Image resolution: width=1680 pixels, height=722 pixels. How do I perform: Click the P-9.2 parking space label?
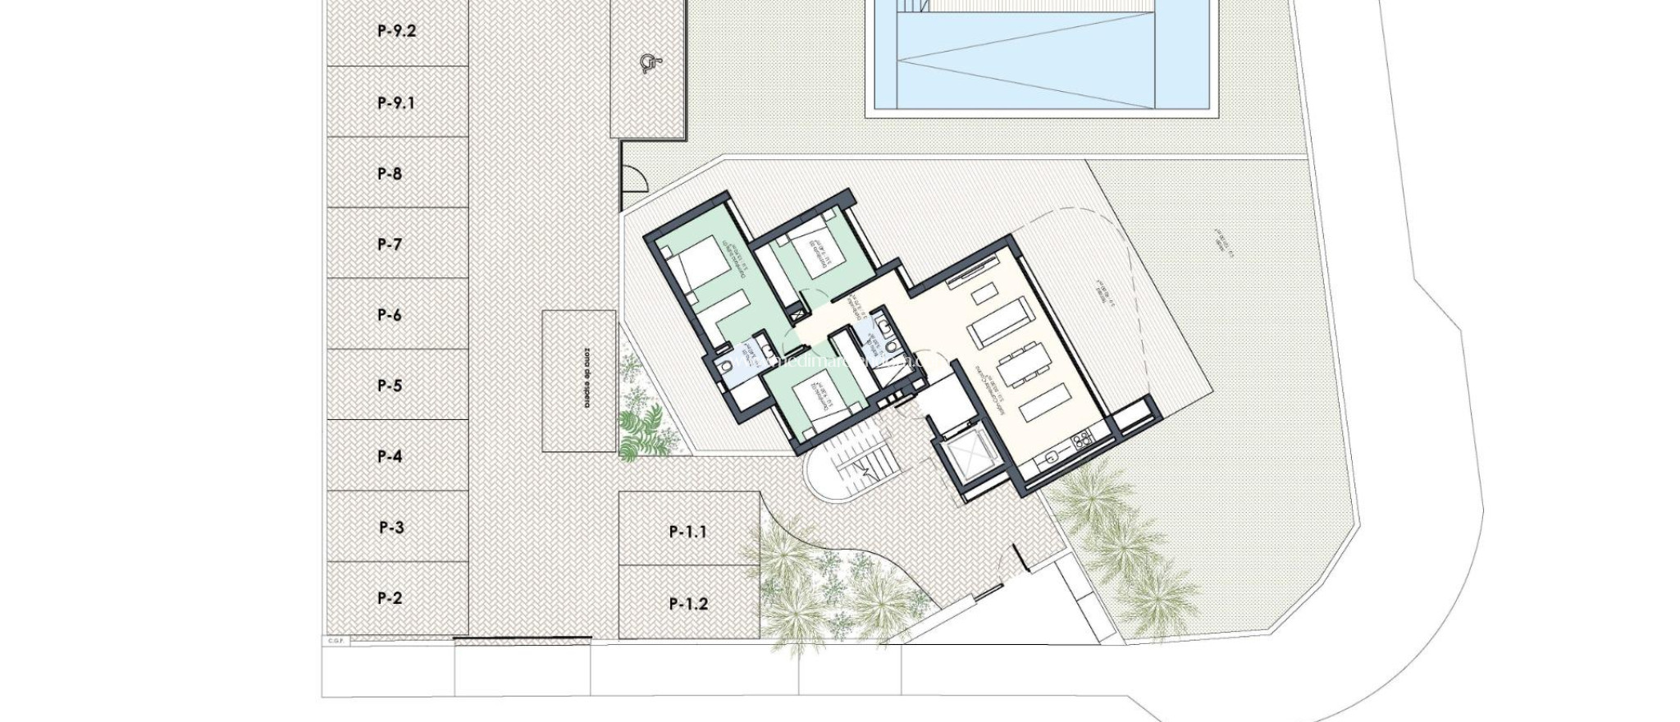click(x=397, y=32)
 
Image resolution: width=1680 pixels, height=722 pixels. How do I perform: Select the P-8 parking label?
click(x=390, y=174)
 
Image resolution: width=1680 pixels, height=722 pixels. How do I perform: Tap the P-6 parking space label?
click(x=390, y=315)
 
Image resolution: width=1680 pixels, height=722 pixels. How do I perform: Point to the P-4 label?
click(x=390, y=457)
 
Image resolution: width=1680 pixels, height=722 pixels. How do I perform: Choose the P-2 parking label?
click(x=390, y=598)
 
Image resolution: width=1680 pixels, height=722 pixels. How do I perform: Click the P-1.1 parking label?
click(x=688, y=532)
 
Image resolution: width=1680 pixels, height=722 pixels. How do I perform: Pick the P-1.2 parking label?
click(x=688, y=605)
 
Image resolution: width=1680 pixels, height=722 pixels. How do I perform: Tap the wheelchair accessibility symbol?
click(x=649, y=62)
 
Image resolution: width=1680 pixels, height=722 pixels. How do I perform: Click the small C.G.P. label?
click(x=336, y=641)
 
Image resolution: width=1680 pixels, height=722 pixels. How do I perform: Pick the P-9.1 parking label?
click(x=397, y=103)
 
